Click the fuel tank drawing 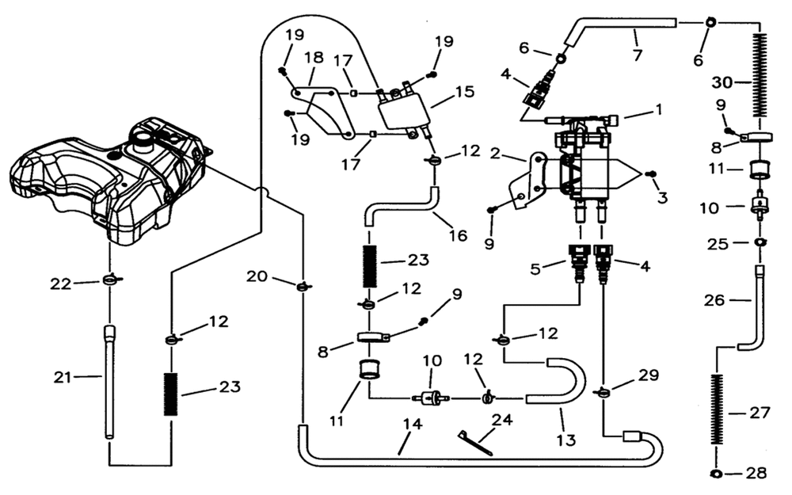click(x=109, y=179)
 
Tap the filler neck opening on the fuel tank click(x=141, y=136)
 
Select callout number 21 click(x=63, y=377)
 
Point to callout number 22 click(x=61, y=284)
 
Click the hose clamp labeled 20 click(x=302, y=286)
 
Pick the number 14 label click(x=412, y=425)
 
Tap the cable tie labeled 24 click(x=474, y=444)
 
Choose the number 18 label click(x=314, y=58)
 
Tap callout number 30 click(x=722, y=82)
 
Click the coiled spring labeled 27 click(x=715, y=409)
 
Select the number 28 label click(x=756, y=473)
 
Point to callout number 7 click(x=638, y=54)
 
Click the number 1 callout click(x=658, y=109)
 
